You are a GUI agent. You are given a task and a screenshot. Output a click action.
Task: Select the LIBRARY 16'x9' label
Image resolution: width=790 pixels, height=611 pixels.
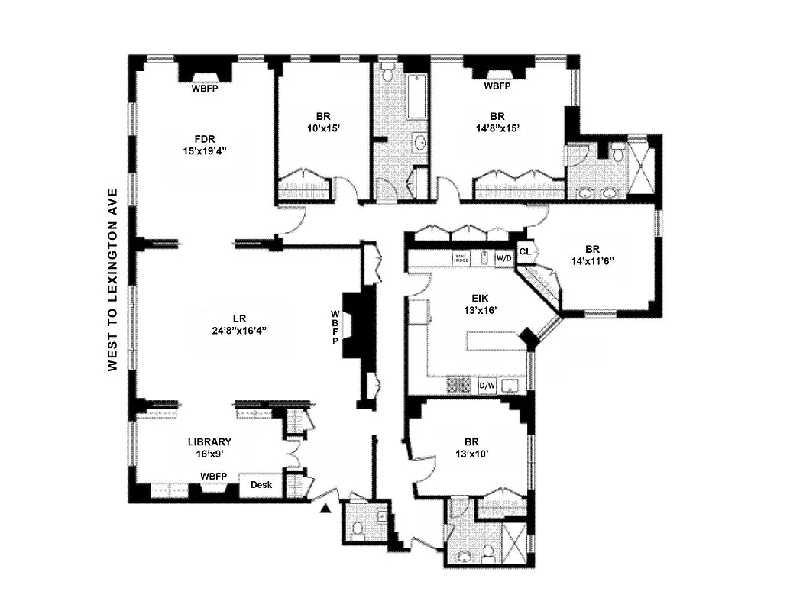[209, 448]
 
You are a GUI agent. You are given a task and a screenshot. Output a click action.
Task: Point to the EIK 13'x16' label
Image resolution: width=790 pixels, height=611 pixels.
[480, 305]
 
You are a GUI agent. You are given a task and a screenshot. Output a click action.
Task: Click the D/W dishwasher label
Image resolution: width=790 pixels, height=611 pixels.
[487, 386]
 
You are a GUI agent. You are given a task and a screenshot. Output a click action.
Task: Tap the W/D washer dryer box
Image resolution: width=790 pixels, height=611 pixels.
[504, 258]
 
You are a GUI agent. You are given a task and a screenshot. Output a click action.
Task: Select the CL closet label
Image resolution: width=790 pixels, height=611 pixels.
[525, 251]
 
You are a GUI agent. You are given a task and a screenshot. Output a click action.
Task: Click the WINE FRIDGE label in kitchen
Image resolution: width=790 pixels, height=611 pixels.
[460, 258]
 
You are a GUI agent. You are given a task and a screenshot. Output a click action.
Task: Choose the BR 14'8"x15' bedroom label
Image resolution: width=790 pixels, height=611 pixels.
[497, 123]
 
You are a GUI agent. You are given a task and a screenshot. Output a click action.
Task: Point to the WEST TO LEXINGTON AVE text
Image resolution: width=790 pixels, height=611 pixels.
[112, 280]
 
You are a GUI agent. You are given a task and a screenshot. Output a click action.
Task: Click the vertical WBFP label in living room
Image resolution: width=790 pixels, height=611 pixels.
[335, 327]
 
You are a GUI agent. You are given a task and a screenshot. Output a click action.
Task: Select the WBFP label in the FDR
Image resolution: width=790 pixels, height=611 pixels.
[205, 87]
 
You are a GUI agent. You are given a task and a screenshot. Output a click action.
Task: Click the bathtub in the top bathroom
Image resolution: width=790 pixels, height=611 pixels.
[417, 97]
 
